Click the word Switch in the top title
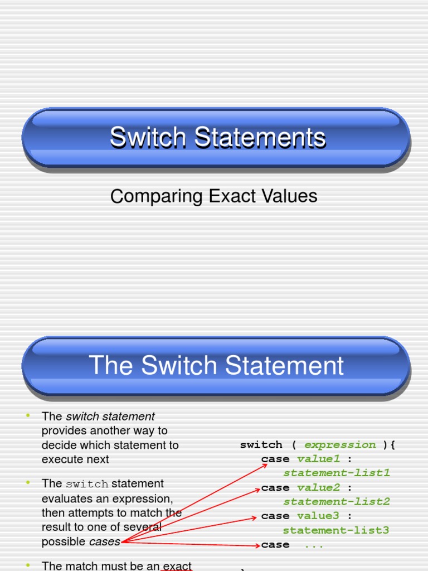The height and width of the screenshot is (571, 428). pyautogui.click(x=142, y=138)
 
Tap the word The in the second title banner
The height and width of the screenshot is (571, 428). pyautogui.click(x=110, y=366)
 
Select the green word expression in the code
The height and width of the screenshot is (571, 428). pyautogui.click(x=340, y=444)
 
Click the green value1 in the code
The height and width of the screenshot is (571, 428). pyautogui.click(x=318, y=459)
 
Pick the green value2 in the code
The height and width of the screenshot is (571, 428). pyautogui.click(x=318, y=487)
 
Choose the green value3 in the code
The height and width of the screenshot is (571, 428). pyautogui.click(x=318, y=516)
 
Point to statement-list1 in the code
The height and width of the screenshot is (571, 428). pyautogui.click(x=336, y=473)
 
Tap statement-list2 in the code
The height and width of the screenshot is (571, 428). pyautogui.click(x=336, y=502)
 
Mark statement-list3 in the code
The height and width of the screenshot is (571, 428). pyautogui.click(x=336, y=530)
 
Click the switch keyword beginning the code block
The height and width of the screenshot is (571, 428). pyautogui.click(x=261, y=444)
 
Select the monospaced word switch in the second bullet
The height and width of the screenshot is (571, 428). pyautogui.click(x=87, y=484)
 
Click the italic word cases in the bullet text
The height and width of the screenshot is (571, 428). pyautogui.click(x=105, y=541)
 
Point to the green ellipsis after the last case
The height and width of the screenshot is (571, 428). pyautogui.click(x=314, y=545)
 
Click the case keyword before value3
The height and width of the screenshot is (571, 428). pyautogui.click(x=275, y=516)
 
